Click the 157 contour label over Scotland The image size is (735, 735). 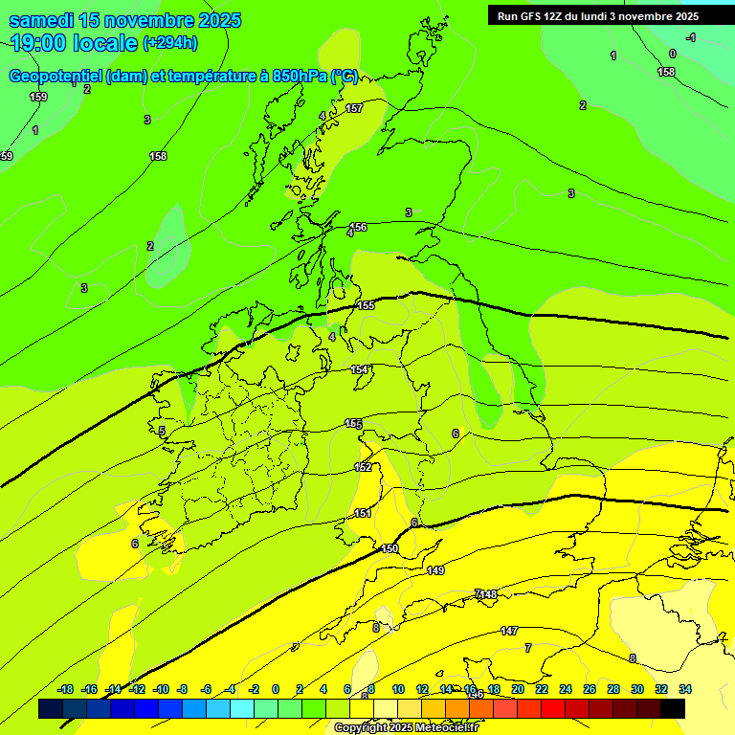click(354, 108)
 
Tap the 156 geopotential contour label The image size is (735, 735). click(358, 227)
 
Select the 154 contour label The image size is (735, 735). click(359, 369)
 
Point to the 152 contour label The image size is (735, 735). click(363, 467)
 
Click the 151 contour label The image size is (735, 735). click(363, 514)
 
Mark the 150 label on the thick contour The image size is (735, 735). click(390, 548)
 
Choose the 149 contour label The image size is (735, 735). click(435, 570)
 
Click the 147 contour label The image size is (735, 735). click(509, 631)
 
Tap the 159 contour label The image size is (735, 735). click(38, 97)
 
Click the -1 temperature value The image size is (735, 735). click(690, 37)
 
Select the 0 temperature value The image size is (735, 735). click(672, 54)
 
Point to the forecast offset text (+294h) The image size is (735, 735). click(170, 42)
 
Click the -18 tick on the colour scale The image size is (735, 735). click(65, 689)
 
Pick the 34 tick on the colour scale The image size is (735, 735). click(685, 689)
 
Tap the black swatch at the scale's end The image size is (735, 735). click(673, 708)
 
